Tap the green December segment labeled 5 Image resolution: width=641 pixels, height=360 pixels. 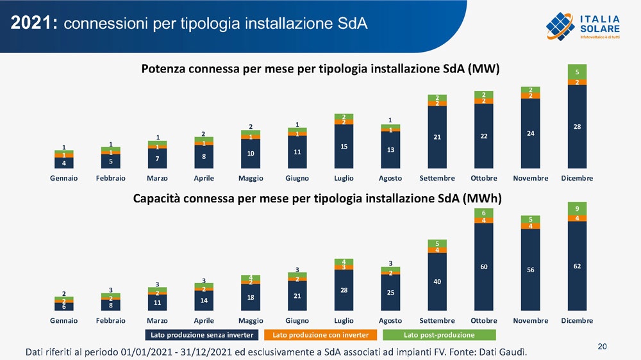tap(577, 72)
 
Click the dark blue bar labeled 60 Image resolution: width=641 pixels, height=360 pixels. tap(484, 266)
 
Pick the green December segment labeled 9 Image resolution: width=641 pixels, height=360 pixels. tap(577, 209)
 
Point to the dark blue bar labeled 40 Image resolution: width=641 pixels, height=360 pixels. tap(437, 282)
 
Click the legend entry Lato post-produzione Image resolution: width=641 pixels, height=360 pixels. tap(439, 335)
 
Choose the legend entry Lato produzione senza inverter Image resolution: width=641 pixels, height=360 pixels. tap(203, 335)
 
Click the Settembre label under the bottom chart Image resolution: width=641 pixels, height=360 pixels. tap(437, 320)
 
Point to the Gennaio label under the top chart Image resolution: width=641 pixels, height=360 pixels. tap(63, 178)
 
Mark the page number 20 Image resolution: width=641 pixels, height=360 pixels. tap(602, 347)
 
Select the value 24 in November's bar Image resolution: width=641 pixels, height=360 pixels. tap(530, 133)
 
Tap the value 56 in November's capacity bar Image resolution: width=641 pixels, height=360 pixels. tap(530, 270)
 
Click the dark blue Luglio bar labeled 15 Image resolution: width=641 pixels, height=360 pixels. tap(344, 147)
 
